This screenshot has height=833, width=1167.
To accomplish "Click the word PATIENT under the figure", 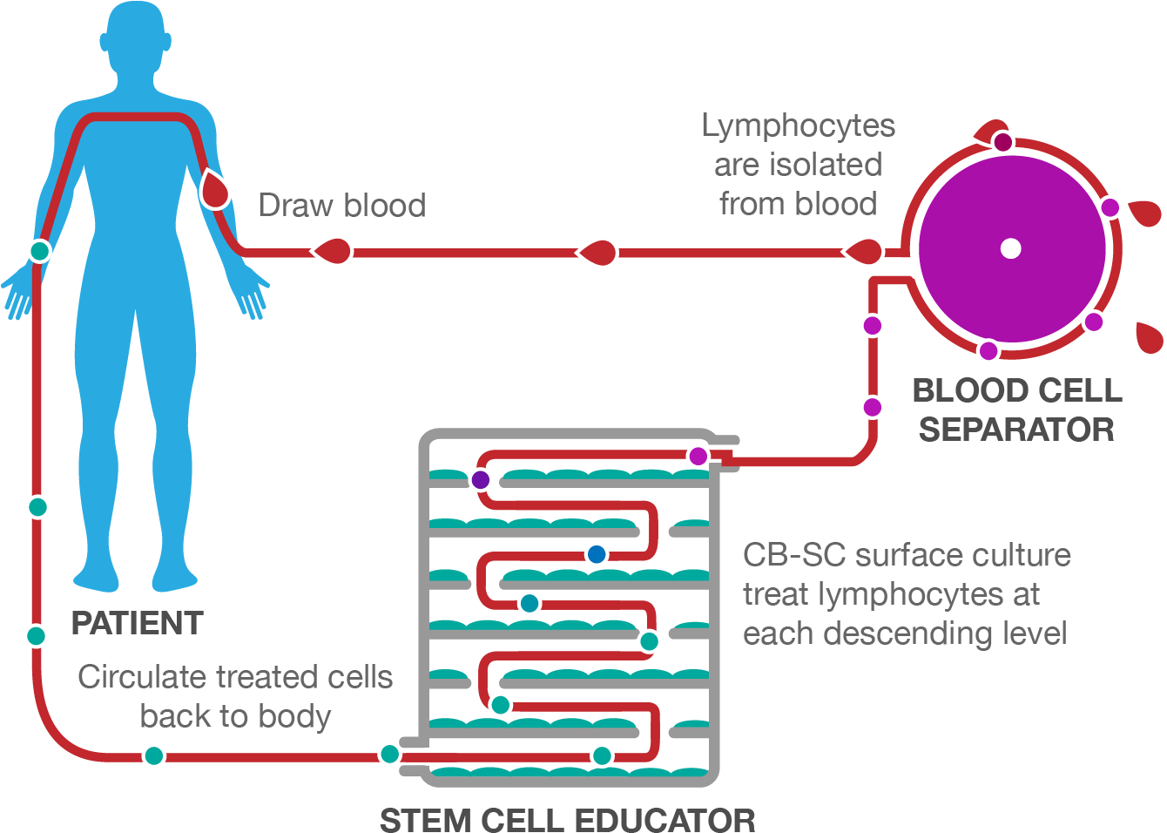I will (x=137, y=624).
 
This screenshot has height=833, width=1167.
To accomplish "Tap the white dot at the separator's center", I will (x=1010, y=248).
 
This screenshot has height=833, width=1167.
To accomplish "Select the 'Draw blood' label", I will (x=341, y=206).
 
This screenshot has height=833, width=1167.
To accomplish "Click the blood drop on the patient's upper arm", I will (x=214, y=189).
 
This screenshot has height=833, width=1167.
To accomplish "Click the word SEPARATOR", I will (x=1016, y=430).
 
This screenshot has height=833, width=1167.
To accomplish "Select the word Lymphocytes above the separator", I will (x=798, y=126).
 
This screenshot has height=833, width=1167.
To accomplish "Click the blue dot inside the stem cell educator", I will (x=597, y=553).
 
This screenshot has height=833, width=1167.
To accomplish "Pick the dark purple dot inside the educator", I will (x=480, y=479).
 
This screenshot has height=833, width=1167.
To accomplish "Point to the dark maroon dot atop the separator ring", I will (x=1003, y=141).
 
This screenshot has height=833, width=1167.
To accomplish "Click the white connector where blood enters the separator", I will (x=899, y=265).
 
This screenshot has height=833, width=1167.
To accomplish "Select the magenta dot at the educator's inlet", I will (x=698, y=456).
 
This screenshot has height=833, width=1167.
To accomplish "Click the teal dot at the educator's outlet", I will (x=389, y=754).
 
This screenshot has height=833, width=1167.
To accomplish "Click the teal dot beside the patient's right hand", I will (x=38, y=251).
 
